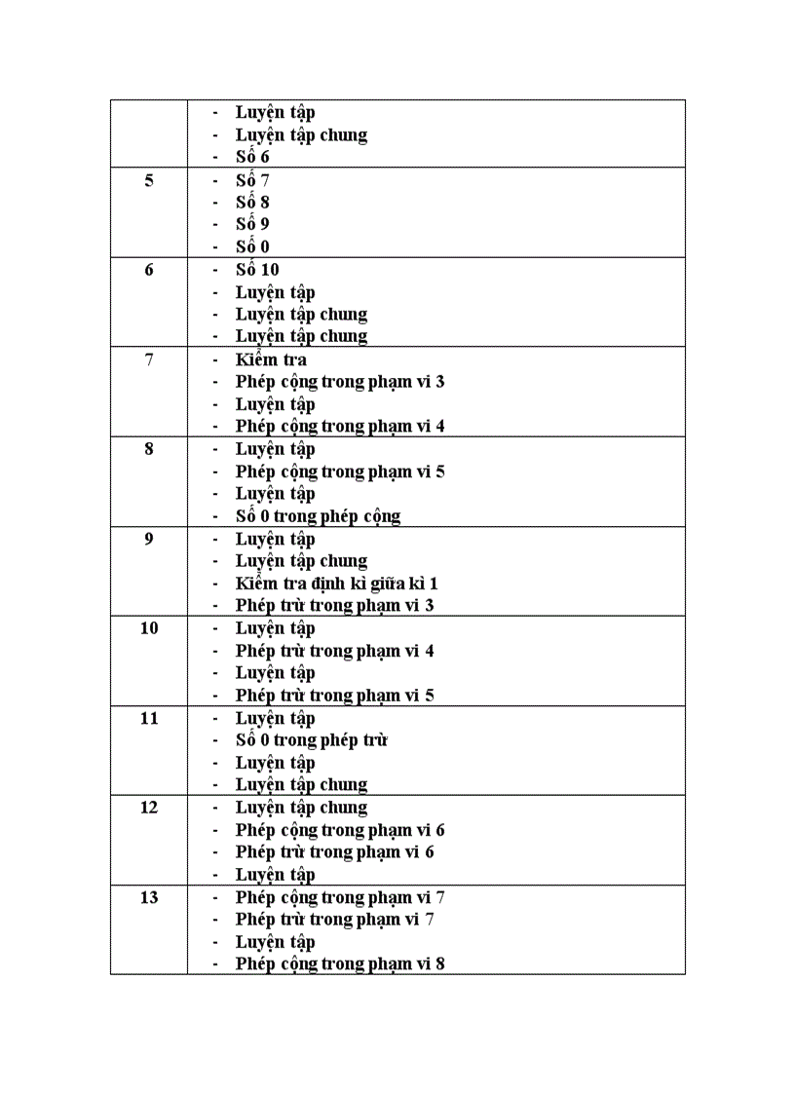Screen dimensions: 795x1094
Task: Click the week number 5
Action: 149,180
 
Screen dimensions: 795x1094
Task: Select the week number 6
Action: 149,270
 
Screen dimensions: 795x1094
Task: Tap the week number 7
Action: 149,359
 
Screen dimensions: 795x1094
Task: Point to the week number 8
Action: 149,449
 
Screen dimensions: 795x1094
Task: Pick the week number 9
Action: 149,539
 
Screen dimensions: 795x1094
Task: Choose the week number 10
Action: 149,628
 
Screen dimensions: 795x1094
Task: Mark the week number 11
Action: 149,718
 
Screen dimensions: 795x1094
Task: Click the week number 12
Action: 149,808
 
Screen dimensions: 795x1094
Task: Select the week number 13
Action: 149,897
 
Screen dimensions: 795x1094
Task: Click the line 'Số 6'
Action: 252,157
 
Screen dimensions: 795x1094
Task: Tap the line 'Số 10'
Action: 257,270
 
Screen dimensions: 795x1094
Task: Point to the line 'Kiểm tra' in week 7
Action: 271,359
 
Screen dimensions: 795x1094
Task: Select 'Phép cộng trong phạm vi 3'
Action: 340,382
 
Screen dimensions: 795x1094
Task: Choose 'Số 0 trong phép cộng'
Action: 318,516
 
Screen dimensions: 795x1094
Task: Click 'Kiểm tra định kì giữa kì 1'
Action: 337,584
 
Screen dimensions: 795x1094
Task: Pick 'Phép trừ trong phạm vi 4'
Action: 334,651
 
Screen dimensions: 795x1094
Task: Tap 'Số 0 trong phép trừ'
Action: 312,740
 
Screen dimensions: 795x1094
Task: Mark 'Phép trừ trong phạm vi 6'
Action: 334,852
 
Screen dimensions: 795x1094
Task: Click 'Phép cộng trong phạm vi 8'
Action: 340,964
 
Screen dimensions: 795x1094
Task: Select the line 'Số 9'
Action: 252,225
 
